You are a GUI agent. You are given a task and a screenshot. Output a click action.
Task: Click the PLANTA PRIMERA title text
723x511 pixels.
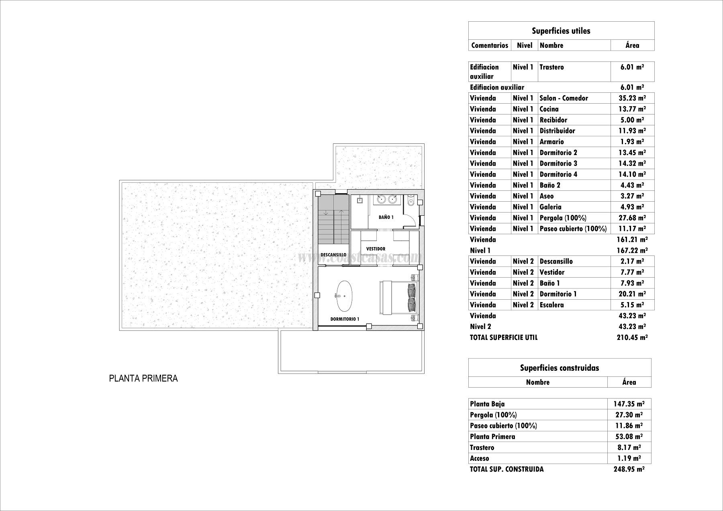(143, 378)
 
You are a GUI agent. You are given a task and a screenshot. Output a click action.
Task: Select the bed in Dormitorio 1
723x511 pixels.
(398, 297)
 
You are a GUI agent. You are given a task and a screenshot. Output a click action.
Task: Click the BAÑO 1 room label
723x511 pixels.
(386, 217)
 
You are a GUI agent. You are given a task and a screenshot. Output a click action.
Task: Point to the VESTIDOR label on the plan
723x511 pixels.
(376, 249)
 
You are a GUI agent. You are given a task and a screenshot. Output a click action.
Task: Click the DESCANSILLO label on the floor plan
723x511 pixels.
(333, 255)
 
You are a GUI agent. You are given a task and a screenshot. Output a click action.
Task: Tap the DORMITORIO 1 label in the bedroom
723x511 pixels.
(345, 319)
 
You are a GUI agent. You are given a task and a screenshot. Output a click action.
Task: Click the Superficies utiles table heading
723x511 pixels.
(561, 31)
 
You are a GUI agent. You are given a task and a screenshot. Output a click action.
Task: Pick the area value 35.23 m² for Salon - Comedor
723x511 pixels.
(632, 98)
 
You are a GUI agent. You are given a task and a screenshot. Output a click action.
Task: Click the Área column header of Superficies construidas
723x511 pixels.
(629, 382)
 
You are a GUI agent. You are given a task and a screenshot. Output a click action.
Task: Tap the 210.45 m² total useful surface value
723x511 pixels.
(632, 337)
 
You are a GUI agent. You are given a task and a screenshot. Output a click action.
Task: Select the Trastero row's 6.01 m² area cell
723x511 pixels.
(632, 67)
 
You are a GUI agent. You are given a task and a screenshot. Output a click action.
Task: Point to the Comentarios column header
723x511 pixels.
(490, 45)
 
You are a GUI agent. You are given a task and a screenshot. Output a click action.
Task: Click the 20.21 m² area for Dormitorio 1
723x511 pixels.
(632, 294)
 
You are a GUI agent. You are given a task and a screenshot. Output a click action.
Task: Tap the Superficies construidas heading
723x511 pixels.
(559, 368)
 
